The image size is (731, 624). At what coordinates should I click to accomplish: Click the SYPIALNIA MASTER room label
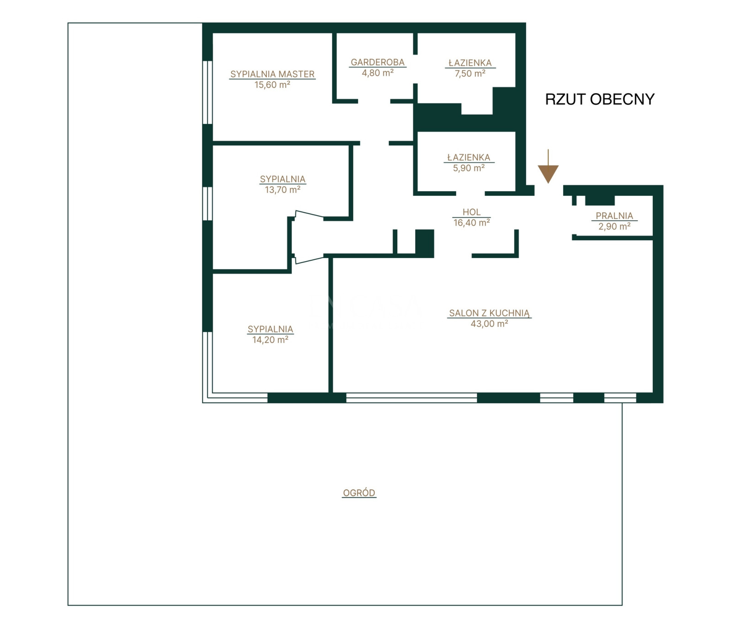point(272,74)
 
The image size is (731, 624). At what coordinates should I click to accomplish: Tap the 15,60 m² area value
point(272,85)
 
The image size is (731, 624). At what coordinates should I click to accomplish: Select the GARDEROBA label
point(378,62)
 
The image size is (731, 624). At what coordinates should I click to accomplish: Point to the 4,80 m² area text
point(378,73)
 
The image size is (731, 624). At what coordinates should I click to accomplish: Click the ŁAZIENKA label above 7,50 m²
point(470,63)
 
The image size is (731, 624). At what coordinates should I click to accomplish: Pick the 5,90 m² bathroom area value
point(469,168)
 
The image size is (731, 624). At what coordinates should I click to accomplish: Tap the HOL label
point(471,212)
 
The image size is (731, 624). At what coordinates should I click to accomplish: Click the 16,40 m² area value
point(471,223)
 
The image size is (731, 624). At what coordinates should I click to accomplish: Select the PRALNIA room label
point(614,216)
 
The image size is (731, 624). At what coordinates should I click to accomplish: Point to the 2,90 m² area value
point(614,226)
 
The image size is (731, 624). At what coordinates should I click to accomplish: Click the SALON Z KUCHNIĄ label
point(489,313)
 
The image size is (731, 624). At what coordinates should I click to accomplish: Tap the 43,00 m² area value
point(489,324)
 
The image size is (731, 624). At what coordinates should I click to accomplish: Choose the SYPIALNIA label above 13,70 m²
point(283,179)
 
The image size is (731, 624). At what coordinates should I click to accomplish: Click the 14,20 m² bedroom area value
point(270,340)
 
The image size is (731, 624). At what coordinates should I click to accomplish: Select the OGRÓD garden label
point(359,493)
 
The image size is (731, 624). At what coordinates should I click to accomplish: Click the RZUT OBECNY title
point(600,99)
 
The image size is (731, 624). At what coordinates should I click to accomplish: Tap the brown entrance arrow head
point(548,174)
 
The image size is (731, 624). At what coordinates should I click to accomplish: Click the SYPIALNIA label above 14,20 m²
point(270,329)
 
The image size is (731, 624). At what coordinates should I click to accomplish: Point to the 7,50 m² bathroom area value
point(470,74)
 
